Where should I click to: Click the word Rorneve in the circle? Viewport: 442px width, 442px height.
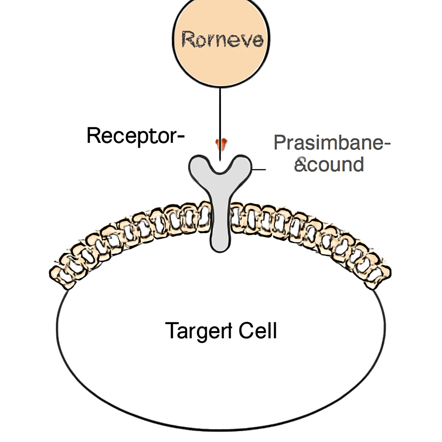(222, 39)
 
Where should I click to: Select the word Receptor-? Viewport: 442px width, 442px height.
(136, 136)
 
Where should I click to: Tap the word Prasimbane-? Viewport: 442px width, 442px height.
(332, 142)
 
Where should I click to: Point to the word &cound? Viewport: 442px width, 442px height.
(329, 164)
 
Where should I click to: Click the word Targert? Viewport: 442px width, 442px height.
(199, 331)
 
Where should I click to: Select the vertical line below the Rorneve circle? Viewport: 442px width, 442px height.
(220, 124)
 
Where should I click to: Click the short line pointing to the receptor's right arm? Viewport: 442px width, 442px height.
(259, 169)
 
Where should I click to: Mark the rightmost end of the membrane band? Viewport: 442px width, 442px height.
(390, 273)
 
